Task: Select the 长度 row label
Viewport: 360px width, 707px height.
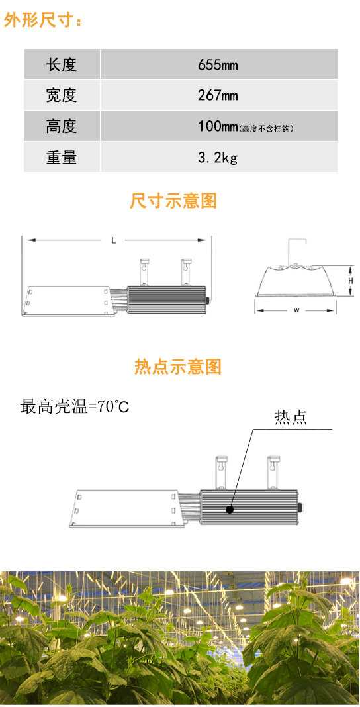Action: click(62, 65)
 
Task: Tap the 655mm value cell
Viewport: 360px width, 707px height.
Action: click(218, 65)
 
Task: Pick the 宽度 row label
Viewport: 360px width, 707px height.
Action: click(62, 95)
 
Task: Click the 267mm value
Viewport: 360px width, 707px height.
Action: click(218, 95)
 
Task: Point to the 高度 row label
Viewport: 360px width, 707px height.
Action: click(62, 126)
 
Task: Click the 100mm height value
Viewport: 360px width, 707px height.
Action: click(218, 126)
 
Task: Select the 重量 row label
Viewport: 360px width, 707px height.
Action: click(62, 157)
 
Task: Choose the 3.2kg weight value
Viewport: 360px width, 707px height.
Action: click(218, 158)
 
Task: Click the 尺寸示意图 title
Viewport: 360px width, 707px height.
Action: click(173, 201)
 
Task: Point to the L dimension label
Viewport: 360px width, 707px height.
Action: click(114, 241)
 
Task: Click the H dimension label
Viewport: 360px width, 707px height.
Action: click(351, 281)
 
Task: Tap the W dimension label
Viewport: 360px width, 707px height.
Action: click(296, 310)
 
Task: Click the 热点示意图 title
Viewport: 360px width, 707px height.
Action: click(178, 367)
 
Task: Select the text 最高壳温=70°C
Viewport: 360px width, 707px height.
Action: click(75, 406)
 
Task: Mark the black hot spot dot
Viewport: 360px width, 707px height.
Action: click(230, 510)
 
